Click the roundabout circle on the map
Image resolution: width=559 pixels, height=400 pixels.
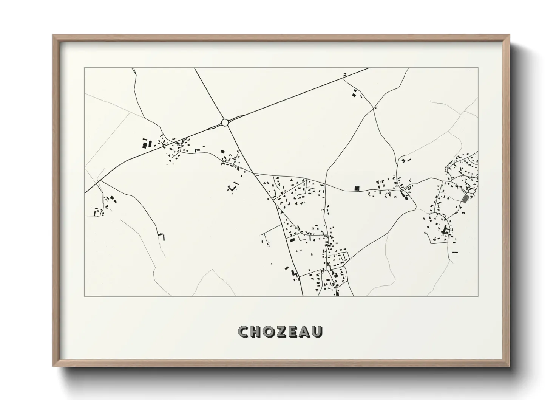tap(225, 122)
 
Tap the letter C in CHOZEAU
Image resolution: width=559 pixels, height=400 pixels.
tap(243, 332)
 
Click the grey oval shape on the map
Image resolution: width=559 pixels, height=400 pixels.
tap(465, 198)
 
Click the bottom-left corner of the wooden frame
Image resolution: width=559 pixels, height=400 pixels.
tap(53, 366)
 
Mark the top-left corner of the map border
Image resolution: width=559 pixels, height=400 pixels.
tap(85, 68)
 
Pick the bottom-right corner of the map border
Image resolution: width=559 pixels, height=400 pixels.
tap(478, 296)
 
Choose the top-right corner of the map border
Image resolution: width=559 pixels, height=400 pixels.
tap(478, 68)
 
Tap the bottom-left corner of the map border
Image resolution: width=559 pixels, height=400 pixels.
tap(85, 296)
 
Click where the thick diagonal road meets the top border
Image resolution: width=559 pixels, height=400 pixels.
tap(369, 68)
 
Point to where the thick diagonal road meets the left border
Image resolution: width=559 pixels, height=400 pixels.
tap(85, 193)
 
